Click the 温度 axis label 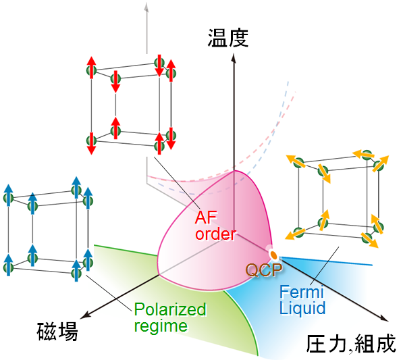click(228, 38)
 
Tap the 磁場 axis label click(57, 332)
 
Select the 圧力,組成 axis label click(351, 344)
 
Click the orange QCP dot click(273, 255)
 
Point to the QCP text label click(264, 269)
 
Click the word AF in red click(206, 217)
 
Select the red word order click(215, 234)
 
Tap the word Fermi click(302, 292)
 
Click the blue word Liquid click(302, 308)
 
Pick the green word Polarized click(170, 309)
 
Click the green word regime click(161, 326)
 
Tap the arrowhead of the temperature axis click(234, 58)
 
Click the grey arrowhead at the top click(146, 7)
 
